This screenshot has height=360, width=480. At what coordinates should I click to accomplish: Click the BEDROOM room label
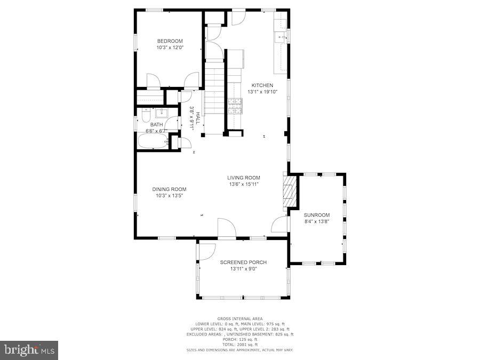click(x=170, y=41)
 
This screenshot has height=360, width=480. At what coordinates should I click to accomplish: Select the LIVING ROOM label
click(x=244, y=178)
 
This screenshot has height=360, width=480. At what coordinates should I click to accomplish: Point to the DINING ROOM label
click(x=169, y=189)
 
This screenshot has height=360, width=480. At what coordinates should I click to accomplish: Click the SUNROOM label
click(x=317, y=214)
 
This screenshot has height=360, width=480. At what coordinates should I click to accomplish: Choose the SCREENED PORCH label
click(x=243, y=262)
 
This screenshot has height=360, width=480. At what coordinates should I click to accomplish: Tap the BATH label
click(x=156, y=124)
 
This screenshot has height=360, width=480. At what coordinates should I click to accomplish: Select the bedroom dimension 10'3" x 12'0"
click(x=170, y=47)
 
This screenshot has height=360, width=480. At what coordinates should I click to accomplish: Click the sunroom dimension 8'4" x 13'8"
click(x=317, y=221)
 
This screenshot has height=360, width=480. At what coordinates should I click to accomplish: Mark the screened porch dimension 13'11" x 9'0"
click(x=243, y=269)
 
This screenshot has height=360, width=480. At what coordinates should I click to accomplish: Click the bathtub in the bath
click(x=153, y=141)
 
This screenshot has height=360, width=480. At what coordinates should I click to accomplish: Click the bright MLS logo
click(x=30, y=350)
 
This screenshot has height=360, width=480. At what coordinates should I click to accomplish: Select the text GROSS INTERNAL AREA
click(x=239, y=318)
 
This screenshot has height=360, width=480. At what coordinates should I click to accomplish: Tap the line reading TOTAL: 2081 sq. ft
click(x=239, y=344)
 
